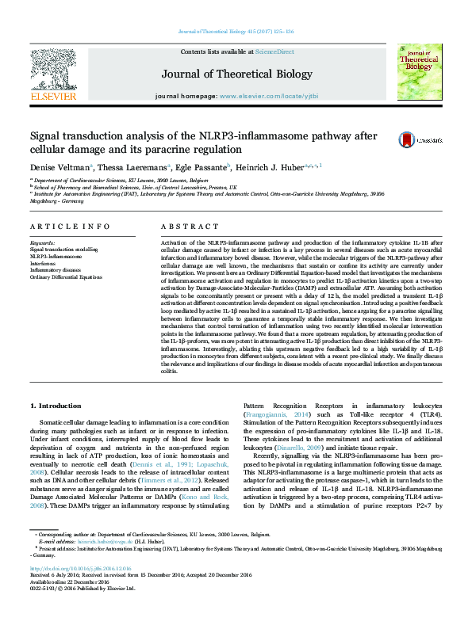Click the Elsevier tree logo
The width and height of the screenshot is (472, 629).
pyautogui.click(x=52, y=74)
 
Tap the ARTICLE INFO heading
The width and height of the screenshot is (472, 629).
pyautogui.click(x=70, y=226)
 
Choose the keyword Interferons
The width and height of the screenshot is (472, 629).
pyautogui.click(x=46, y=264)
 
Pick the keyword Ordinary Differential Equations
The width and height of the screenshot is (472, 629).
pyautogui.click(x=66, y=276)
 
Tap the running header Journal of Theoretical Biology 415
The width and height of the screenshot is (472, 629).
pyautogui.click(x=236, y=32)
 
